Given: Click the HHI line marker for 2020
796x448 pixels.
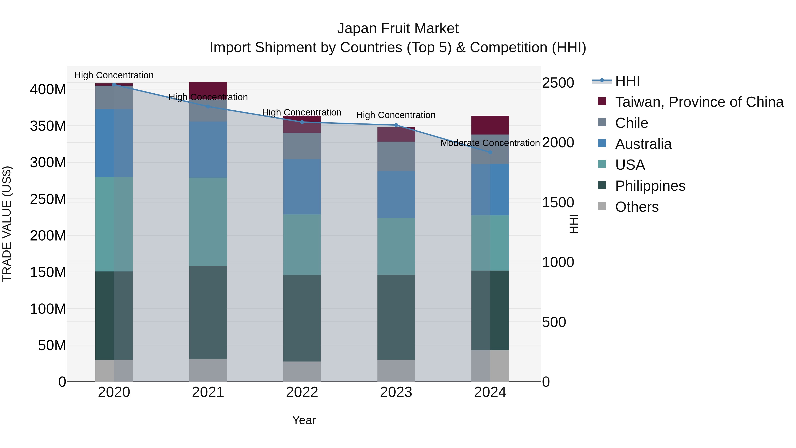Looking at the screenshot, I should click(x=114, y=85).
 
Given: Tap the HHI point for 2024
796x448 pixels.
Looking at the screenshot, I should click(x=490, y=152).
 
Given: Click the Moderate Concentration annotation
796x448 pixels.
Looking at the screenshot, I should click(x=490, y=143).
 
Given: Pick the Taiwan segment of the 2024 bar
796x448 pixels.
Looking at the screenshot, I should click(x=490, y=125).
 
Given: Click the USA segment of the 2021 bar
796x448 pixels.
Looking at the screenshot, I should click(x=208, y=222).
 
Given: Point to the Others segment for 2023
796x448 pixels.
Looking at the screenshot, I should click(x=396, y=371).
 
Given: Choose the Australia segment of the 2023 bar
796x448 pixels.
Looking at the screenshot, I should click(x=396, y=195).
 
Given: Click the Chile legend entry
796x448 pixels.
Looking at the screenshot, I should click(x=631, y=123).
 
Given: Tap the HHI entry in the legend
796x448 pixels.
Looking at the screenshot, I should click(x=627, y=81).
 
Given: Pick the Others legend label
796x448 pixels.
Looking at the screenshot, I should click(x=637, y=207).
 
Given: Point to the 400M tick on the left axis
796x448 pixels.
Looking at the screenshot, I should click(x=48, y=90).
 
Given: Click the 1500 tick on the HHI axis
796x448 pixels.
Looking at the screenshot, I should click(x=558, y=202).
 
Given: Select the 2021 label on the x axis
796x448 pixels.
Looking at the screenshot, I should click(x=208, y=392).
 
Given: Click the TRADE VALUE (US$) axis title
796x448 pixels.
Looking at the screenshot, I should click(x=7, y=224).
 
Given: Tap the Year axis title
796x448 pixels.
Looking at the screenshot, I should click(x=304, y=420).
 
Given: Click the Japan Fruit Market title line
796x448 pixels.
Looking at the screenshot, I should click(x=398, y=29).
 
